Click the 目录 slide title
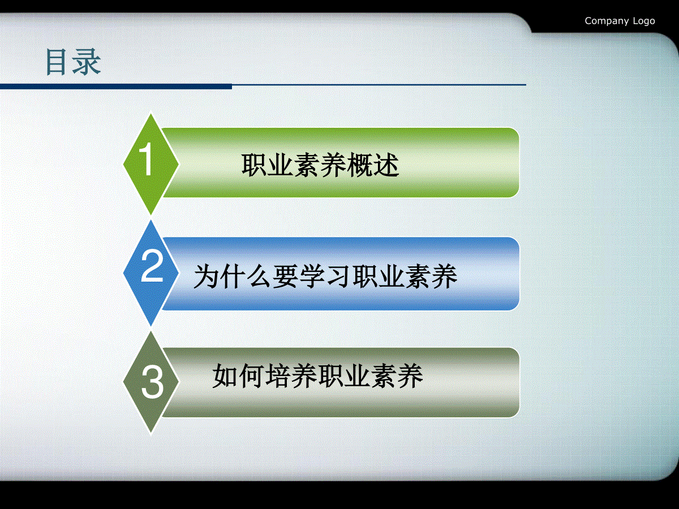(74, 62)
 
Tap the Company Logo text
(620, 21)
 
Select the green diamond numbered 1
(151, 164)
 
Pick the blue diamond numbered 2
(151, 273)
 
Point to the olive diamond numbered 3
(151, 382)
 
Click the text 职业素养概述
(320, 165)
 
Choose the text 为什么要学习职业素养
(325, 277)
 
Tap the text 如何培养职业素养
(317, 376)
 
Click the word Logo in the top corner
(644, 21)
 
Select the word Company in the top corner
(607, 21)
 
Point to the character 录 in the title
(87, 62)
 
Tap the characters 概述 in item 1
(373, 165)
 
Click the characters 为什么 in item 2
(233, 277)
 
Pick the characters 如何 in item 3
(238, 376)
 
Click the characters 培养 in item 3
(291, 376)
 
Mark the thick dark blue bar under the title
(116, 87)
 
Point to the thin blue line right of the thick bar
(379, 85)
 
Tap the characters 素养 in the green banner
(320, 165)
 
